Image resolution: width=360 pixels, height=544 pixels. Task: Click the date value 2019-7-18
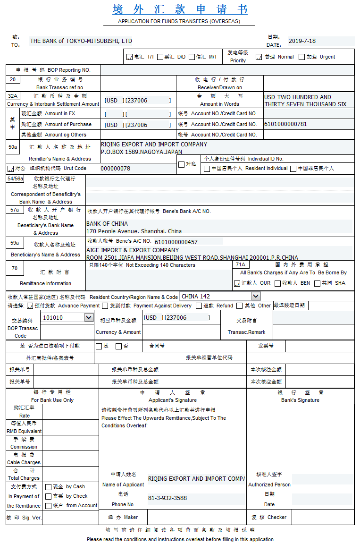click(x=302, y=41)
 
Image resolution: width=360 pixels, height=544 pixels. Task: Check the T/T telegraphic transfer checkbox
click(x=130, y=57)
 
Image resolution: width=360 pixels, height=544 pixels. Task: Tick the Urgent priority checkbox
click(x=302, y=57)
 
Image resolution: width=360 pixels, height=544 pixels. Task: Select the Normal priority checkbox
click(x=259, y=57)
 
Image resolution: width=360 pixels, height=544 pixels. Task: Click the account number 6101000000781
click(x=285, y=124)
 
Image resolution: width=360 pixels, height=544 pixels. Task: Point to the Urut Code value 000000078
click(x=116, y=168)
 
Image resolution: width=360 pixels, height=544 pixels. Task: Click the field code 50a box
click(x=13, y=147)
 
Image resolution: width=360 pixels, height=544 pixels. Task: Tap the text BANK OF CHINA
click(x=107, y=224)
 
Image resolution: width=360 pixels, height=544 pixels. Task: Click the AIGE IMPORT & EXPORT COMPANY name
click(x=133, y=250)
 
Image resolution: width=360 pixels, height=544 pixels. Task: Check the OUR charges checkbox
click(x=237, y=283)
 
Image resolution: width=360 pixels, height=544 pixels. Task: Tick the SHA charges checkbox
click(x=317, y=283)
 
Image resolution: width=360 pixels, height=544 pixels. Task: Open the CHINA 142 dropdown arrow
click(x=256, y=296)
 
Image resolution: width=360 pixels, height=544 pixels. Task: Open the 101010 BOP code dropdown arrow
click(x=89, y=317)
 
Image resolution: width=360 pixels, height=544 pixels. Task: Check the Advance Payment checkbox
click(x=30, y=306)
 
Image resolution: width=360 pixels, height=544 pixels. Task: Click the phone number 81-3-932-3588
click(x=167, y=498)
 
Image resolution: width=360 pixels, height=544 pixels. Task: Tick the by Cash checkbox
click(x=48, y=487)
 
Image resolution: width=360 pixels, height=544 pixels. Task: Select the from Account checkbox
click(x=48, y=506)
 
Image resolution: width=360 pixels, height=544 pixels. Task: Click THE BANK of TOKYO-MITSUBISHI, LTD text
click(x=81, y=41)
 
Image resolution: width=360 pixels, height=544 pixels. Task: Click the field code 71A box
click(x=240, y=265)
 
